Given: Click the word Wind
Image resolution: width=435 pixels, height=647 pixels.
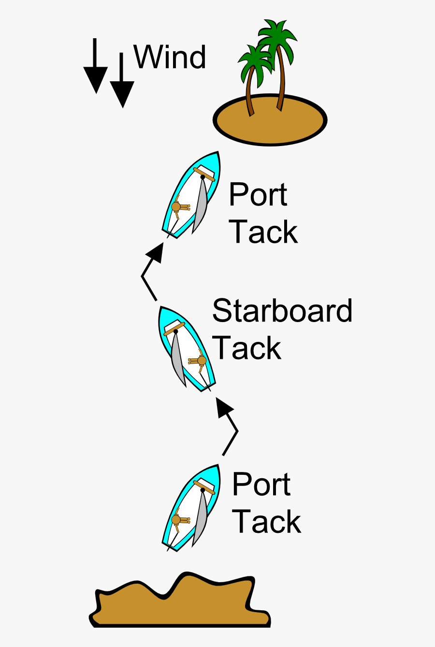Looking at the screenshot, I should [x=170, y=57].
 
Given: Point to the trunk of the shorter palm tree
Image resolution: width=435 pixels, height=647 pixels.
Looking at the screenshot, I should [x=249, y=92].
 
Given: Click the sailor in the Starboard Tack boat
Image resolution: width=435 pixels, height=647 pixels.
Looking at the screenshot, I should [x=201, y=361].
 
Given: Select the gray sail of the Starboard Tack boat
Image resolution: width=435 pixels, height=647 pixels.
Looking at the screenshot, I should [x=177, y=360].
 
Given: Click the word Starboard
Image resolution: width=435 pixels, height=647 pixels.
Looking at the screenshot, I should [x=282, y=310].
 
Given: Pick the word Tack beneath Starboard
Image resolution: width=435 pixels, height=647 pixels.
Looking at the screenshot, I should [x=246, y=348].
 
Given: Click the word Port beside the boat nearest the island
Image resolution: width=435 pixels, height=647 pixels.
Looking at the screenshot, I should [x=258, y=194].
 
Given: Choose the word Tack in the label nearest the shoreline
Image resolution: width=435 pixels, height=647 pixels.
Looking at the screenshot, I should [x=266, y=521].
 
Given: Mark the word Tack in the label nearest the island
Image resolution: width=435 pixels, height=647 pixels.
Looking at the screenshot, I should [x=263, y=232].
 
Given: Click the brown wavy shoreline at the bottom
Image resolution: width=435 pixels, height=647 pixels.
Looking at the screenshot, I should [x=179, y=604].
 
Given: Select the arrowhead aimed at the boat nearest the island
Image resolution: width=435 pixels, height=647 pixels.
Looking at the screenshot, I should [x=155, y=252].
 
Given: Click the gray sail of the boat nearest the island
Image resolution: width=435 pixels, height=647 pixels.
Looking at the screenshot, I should [x=201, y=206].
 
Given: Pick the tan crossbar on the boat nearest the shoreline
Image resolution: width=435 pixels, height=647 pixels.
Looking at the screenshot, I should [x=204, y=487].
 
